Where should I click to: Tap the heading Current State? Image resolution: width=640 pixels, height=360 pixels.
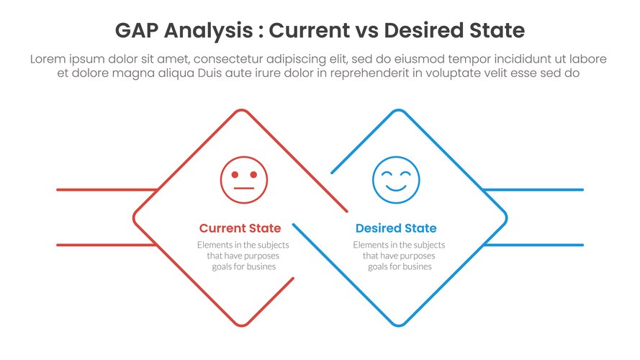pyautogui.click(x=240, y=228)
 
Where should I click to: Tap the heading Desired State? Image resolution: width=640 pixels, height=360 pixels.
pyautogui.click(x=396, y=228)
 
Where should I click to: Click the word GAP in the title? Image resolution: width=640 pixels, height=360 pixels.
pyautogui.click(x=137, y=30)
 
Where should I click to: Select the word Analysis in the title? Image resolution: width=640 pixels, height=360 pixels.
pyautogui.click(x=209, y=31)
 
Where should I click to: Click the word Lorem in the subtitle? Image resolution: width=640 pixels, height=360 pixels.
pyautogui.click(x=48, y=59)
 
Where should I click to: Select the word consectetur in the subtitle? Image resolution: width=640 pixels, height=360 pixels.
pyautogui.click(x=229, y=59)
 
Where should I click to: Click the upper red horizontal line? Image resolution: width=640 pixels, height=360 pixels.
pyautogui.click(x=107, y=190)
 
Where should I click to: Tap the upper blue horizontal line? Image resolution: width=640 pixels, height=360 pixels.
pyautogui.click(x=533, y=190)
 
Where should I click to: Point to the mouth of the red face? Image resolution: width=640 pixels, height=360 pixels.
pyautogui.click(x=244, y=188)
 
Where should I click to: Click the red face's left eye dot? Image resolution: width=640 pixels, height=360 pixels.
pyautogui.click(x=235, y=175)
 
